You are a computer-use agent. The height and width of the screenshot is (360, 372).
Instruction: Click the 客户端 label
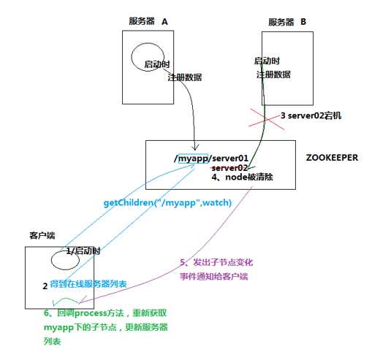click(41, 237)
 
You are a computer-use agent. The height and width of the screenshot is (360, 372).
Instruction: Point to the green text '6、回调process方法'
click(91, 312)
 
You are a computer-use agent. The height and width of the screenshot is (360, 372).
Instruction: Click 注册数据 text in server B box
click(275, 76)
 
